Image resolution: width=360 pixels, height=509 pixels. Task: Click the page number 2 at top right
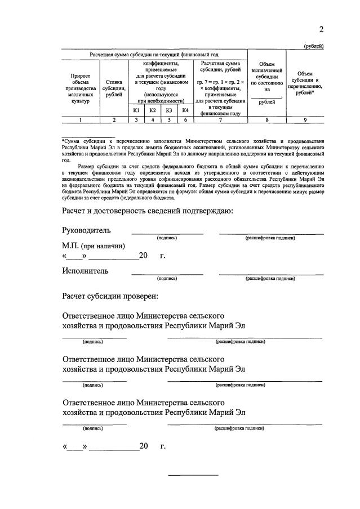[321, 29]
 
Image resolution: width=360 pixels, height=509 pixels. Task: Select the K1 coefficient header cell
[136, 110]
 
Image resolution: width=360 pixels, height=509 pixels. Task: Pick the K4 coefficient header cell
[185, 110]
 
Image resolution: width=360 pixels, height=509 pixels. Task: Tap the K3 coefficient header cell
[168, 110]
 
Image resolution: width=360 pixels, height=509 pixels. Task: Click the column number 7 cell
[220, 119]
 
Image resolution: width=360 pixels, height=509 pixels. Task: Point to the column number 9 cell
[305, 119]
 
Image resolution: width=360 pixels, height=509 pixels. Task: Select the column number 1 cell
[80, 119]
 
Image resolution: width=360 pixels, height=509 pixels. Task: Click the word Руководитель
[86, 230]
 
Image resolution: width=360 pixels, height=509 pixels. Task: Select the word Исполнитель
[85, 271]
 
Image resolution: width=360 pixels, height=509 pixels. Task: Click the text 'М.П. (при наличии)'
[94, 245]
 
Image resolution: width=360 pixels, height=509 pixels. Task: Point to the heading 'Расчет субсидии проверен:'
[110, 296]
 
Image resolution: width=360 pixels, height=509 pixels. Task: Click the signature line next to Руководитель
[167, 233]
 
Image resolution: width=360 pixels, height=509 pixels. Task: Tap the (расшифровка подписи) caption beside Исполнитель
[270, 278]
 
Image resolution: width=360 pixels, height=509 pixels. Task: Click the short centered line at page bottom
[194, 475]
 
